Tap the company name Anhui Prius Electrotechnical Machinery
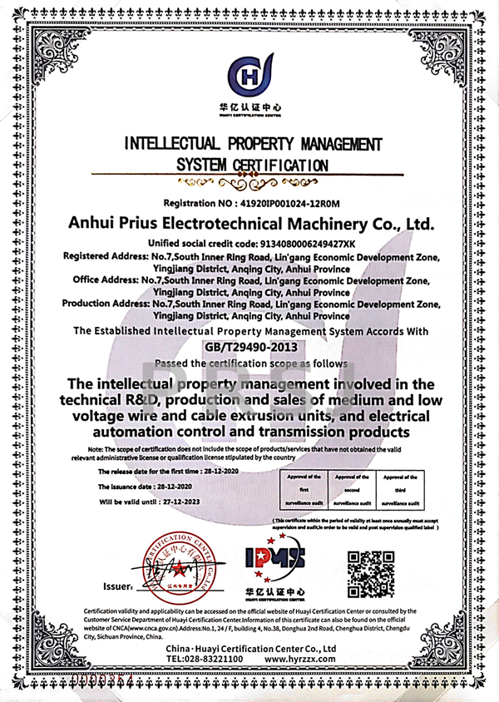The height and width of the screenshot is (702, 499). tap(249, 224)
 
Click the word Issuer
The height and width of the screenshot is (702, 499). tap(116, 585)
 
